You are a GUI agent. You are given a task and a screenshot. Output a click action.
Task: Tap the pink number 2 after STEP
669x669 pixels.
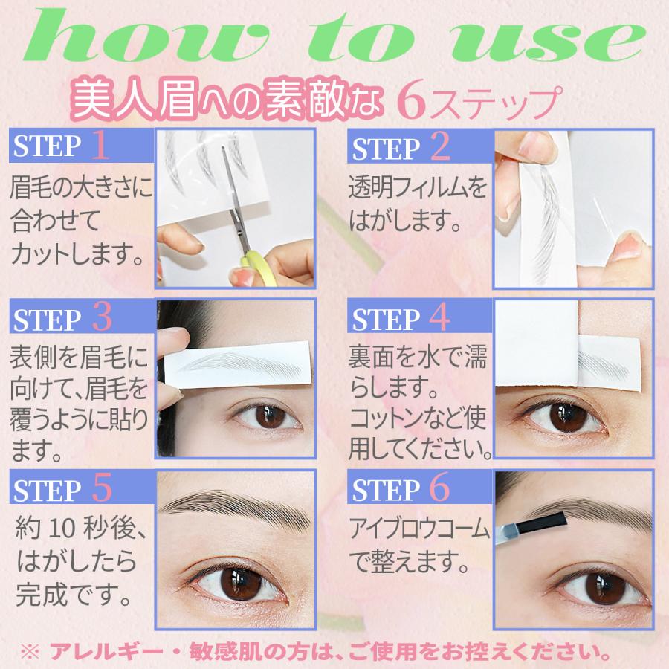click(439, 147)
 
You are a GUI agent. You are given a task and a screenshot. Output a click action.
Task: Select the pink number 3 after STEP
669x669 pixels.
click(102, 318)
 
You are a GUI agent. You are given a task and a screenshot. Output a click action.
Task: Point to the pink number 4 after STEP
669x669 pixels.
click(440, 318)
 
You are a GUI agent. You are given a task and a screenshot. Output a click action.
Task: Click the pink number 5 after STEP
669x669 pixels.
click(102, 489)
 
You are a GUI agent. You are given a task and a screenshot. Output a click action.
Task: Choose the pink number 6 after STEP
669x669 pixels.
click(440, 489)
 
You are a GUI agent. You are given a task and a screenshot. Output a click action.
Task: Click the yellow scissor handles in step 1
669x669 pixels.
click(256, 266)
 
